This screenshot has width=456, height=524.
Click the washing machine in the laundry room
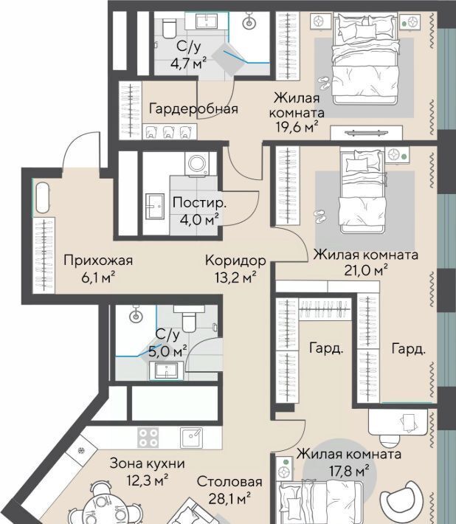pos(198,164)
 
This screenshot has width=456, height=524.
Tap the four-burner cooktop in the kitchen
pos(148,438)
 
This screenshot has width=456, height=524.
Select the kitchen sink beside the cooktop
pos(191,438)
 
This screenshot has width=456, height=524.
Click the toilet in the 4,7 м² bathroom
pos(169,28)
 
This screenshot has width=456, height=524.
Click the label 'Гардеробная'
pos(193,109)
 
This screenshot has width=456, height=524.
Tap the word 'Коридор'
pos(235,261)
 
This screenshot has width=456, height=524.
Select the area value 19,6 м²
pos(297,127)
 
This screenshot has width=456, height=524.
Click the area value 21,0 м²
pos(366,270)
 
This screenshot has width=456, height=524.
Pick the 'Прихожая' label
pos(98,260)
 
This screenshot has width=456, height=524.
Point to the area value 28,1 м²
pos(229,499)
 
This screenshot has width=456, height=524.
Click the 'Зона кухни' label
pos(148,463)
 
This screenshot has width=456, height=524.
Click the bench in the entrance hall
pos(42,198)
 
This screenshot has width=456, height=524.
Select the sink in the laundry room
pos(155,207)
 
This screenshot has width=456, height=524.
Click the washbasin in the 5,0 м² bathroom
pos(166,371)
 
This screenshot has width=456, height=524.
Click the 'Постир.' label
pos(199,203)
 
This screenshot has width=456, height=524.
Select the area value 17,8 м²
pos(350,472)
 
